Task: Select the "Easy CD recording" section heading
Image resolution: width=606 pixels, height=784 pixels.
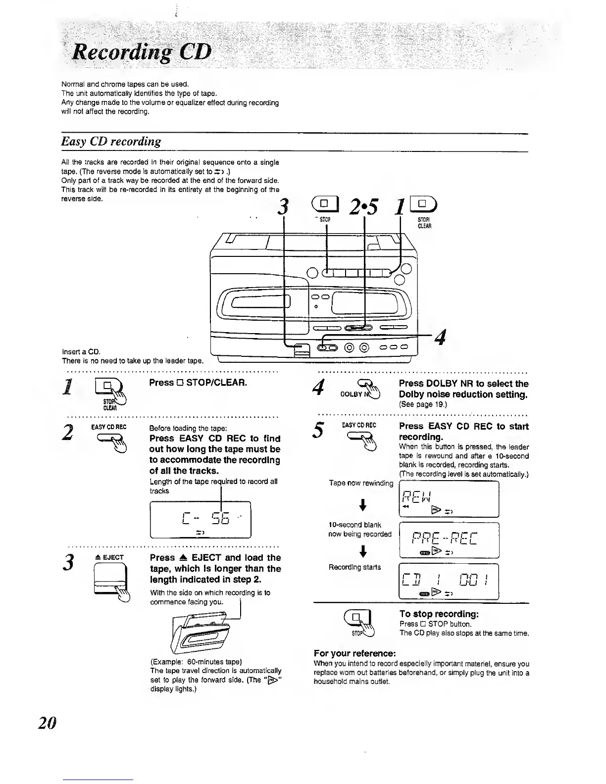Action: coord(111,142)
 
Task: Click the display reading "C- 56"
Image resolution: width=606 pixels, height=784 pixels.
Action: coord(201,520)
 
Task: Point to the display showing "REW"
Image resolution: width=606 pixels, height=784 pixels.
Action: coord(449,499)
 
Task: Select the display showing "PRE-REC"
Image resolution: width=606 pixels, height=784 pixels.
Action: coord(449,540)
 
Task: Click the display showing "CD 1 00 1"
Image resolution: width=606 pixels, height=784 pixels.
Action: coord(449,582)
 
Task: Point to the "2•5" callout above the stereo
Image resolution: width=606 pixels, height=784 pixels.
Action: coord(364,206)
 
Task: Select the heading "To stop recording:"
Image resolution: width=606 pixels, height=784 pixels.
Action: coord(439,614)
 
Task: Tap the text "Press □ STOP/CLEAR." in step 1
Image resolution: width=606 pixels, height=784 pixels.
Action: coord(198,383)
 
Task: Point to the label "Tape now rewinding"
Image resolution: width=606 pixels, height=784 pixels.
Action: coord(361,483)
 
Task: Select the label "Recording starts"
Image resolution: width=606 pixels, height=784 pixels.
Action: coord(355,567)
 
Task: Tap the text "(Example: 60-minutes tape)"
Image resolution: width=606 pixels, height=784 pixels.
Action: coord(196,662)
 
